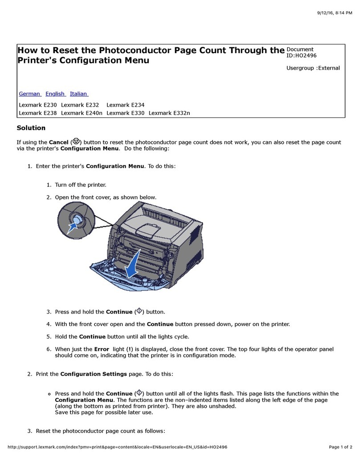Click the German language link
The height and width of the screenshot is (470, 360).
(29, 94)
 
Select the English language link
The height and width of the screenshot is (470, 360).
(55, 94)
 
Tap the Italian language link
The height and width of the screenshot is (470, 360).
(79, 94)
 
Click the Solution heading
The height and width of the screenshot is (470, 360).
(31, 128)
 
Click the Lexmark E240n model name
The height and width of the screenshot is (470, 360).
(82, 113)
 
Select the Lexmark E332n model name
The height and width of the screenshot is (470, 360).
(169, 113)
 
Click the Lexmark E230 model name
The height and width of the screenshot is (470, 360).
(38, 105)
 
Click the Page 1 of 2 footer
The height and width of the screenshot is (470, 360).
(340, 447)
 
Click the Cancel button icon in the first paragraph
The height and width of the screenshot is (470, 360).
(76, 141)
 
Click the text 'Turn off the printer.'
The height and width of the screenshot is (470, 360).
(81, 185)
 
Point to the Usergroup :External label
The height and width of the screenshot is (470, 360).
(313, 68)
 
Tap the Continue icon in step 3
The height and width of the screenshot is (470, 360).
(139, 311)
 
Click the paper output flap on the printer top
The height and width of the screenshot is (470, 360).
(149, 230)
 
